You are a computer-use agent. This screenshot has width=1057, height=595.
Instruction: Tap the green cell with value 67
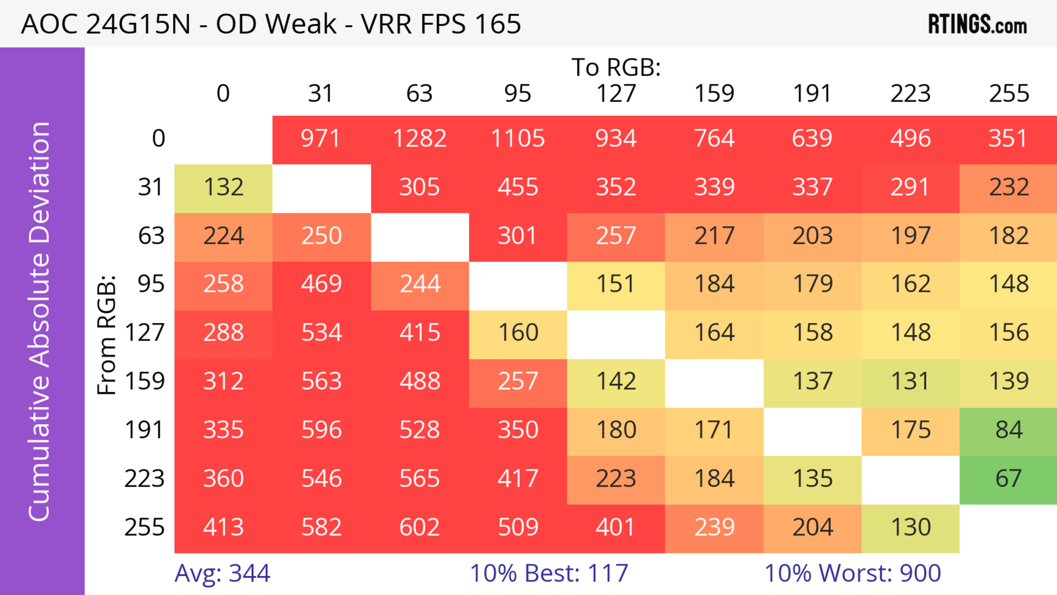click(x=1009, y=479)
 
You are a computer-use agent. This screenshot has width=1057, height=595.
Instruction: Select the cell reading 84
click(x=1009, y=430)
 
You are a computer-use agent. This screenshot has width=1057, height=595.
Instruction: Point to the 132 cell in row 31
click(x=224, y=187)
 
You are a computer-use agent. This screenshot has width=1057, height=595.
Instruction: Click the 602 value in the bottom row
click(x=420, y=527)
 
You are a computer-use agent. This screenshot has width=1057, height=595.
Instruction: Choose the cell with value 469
click(x=322, y=284)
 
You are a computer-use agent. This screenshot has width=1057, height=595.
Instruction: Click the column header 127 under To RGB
click(x=616, y=94)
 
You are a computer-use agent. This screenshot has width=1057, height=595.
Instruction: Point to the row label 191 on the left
click(x=145, y=430)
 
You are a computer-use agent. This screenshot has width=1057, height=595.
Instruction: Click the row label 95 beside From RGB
click(x=151, y=284)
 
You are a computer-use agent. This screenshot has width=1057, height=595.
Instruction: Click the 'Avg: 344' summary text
click(x=222, y=573)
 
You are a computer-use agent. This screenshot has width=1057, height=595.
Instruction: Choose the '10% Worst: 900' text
click(x=853, y=573)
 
